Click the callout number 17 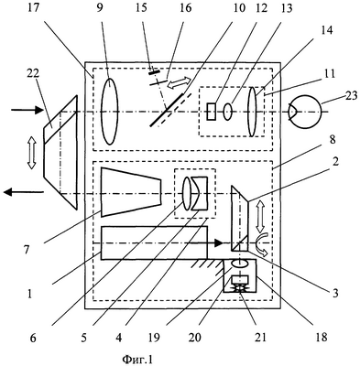coord(33,7)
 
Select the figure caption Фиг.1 coord(137,359)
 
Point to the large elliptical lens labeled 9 coord(109,111)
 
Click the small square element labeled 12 coord(211,112)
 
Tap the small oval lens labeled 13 coord(227,112)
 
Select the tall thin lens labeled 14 coord(253,112)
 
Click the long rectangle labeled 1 coord(154,242)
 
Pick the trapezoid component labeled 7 coord(131,192)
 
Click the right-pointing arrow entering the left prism coord(27,110)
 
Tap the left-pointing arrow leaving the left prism coord(24,192)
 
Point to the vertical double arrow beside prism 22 coord(31,152)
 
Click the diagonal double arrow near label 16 coord(180,82)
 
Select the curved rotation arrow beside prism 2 coord(262,246)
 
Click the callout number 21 coord(260,337)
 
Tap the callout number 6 coord(33,338)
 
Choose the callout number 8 coord(333,139)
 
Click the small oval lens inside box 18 coord(241,264)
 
